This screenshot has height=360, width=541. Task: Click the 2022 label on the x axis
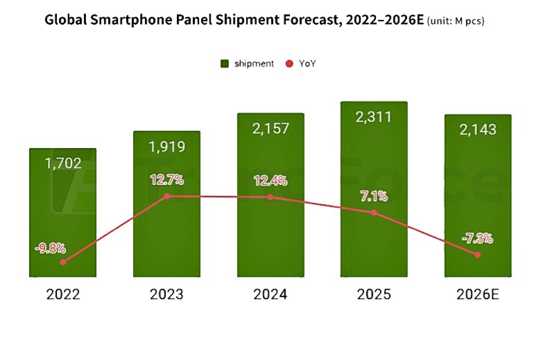[x=63, y=295]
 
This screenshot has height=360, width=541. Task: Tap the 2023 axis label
[x=167, y=295]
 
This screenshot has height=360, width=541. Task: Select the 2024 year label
[x=270, y=295]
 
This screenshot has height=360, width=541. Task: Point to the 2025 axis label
[x=374, y=295]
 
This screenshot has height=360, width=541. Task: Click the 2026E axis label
[x=478, y=295]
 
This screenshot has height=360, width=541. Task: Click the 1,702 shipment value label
[x=63, y=163]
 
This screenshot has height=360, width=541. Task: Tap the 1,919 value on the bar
[x=167, y=146]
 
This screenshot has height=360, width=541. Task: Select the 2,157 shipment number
[x=270, y=129]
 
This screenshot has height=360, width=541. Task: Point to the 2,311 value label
[x=374, y=117]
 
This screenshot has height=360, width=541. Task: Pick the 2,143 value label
[x=478, y=130]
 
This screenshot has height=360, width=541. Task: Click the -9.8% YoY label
[x=50, y=249]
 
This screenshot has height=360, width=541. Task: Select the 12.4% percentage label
[x=270, y=181]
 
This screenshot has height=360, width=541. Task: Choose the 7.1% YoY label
[x=374, y=196]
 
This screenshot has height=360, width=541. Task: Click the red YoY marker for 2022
[x=63, y=262]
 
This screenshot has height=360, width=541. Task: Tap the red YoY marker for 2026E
[x=478, y=255]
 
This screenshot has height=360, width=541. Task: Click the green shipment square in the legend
[x=225, y=64]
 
